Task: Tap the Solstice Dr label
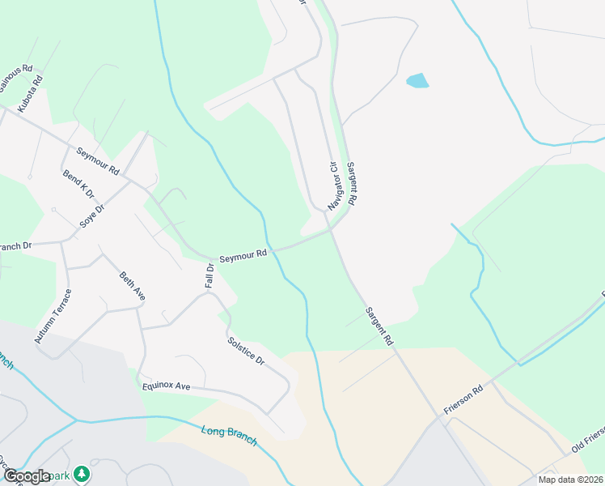coord(246,350)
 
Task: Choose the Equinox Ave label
coord(166,386)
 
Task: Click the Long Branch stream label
coord(229,434)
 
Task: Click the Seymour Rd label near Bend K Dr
coord(98,161)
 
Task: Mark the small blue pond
coord(417,81)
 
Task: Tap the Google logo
coord(27,476)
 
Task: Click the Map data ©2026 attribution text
coord(570,480)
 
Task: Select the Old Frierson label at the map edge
coord(587,437)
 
